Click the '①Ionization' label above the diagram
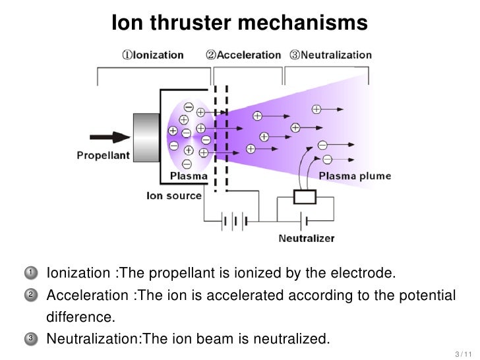(x=153, y=55)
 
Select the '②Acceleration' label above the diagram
(x=243, y=55)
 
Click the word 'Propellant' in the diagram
(x=104, y=156)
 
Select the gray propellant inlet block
(x=147, y=137)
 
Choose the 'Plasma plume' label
(x=355, y=176)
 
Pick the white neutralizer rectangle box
(x=305, y=197)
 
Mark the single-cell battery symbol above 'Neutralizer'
(x=303, y=220)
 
